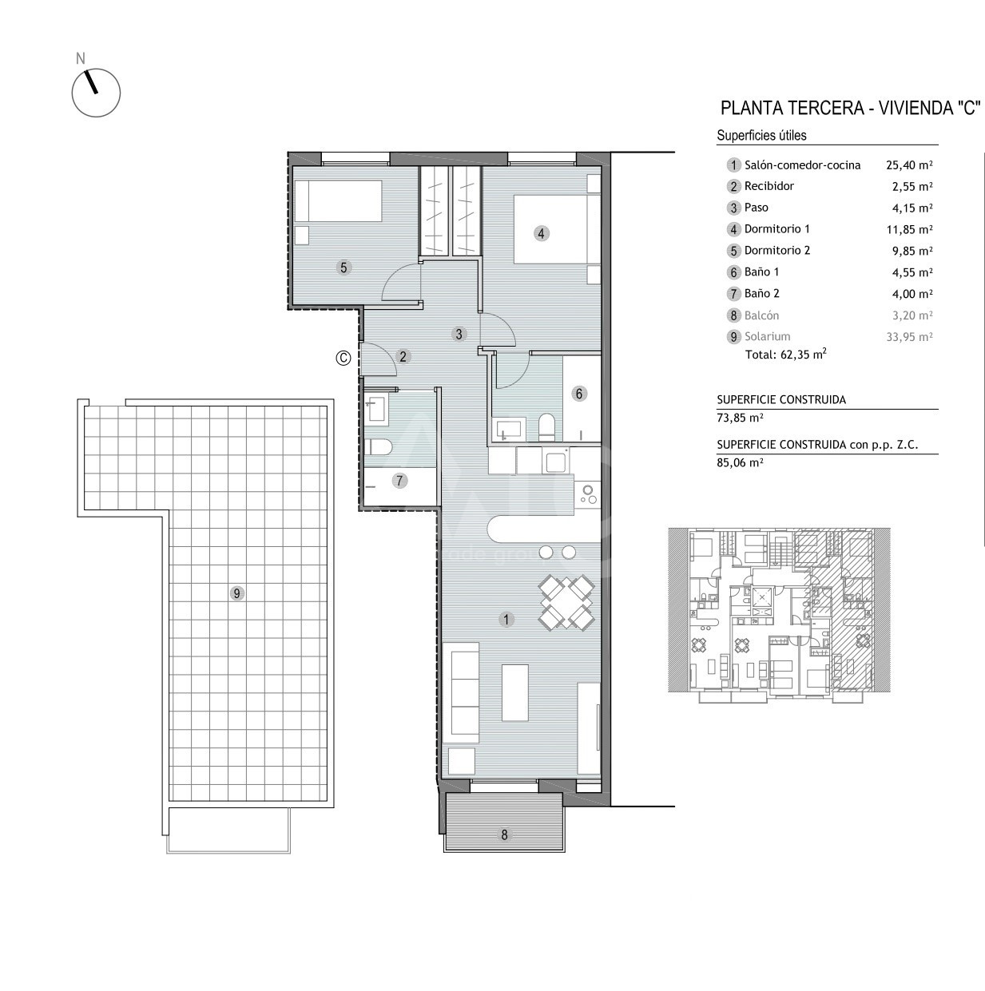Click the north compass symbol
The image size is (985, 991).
tap(96, 93)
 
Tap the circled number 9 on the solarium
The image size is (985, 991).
tap(236, 593)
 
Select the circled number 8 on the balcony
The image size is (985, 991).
tap(504, 834)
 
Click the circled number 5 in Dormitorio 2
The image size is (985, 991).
tap(344, 268)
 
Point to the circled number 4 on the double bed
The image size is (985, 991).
tap(541, 233)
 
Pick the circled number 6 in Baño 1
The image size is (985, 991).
tap(579, 394)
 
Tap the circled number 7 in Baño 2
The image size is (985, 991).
tap(399, 481)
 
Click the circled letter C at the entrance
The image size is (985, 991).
tap(344, 358)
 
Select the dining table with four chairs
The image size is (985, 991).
tap(566, 602)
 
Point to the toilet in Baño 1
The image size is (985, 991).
tap(546, 428)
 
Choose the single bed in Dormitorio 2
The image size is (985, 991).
tap(338, 201)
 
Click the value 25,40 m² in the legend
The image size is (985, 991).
tap(909, 165)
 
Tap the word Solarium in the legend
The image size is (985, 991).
tap(768, 336)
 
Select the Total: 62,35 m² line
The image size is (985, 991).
tap(786, 354)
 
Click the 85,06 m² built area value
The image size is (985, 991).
tap(740, 462)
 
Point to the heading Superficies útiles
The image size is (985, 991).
tap(761, 135)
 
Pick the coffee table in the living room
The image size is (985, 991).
tap(515, 692)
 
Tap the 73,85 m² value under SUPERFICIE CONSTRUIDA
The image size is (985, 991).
tap(740, 418)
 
